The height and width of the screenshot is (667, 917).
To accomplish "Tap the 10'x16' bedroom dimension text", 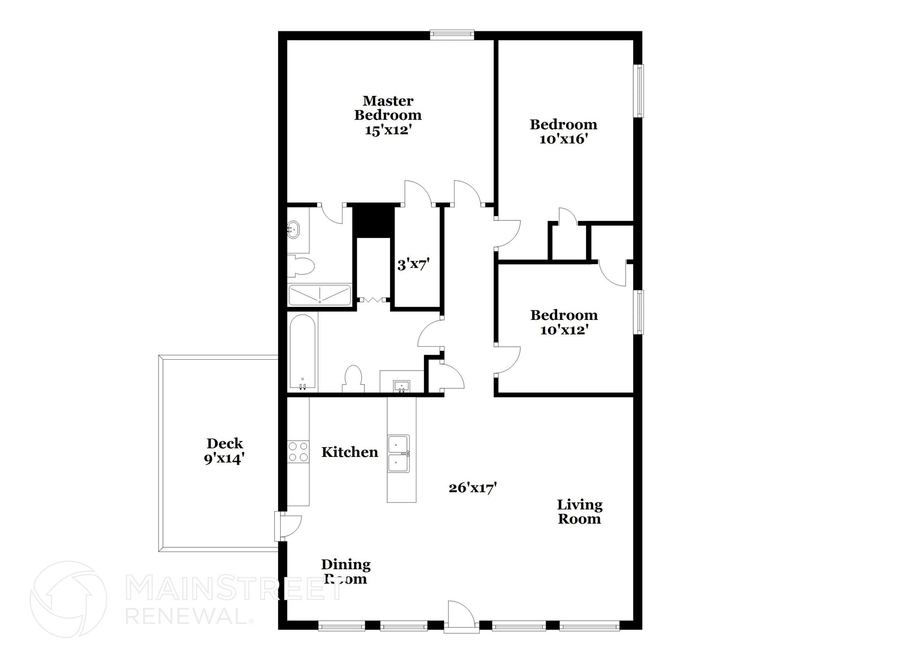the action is pos(563,139).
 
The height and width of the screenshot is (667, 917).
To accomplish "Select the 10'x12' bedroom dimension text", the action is pos(564,330).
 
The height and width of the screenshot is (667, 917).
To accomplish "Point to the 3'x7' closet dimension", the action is pos(413,265).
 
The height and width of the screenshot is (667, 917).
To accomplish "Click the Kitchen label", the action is pos(350,452).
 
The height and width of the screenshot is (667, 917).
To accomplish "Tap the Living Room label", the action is pos(579,512).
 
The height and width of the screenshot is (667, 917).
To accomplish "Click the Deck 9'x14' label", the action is pos(225,451).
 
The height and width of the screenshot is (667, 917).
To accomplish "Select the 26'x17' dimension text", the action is pos(473,487).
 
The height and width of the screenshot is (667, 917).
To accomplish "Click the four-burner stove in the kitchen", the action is pos(298,452).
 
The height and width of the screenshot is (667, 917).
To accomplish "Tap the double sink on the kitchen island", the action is pos(399,454).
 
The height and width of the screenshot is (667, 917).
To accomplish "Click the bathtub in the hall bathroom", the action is pos(303,352).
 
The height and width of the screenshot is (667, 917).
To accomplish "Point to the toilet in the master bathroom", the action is pos(301,266).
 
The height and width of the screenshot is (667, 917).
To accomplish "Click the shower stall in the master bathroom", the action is pos(320,295).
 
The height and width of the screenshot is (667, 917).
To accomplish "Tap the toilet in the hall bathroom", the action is pos(353,379).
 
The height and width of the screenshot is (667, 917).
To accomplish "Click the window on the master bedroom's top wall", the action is pos(452,35).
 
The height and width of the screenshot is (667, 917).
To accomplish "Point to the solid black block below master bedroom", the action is pos(373,220).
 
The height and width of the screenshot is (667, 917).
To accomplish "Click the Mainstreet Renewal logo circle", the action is pos(69,599).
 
